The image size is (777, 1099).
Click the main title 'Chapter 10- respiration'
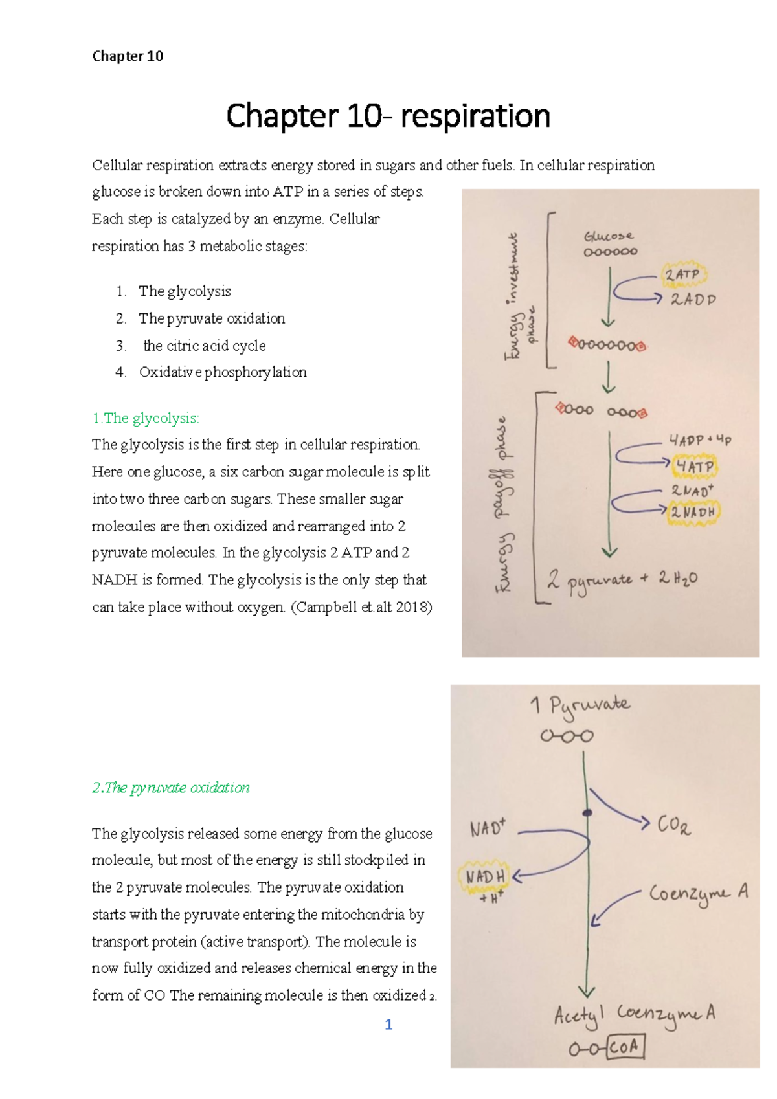point(388,117)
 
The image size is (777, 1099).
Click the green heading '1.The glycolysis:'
point(146,418)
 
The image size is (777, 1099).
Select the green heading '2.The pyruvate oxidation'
point(171,788)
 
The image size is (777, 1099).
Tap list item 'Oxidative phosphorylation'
point(223,372)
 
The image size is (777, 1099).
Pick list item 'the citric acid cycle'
point(205,346)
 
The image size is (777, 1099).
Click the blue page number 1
point(388,1025)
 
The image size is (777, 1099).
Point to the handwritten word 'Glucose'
point(609,236)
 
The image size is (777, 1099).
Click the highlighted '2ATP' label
point(682,274)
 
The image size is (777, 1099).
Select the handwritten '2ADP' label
point(693,300)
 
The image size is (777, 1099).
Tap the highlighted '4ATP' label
point(695,466)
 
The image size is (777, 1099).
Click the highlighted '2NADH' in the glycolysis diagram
point(693,513)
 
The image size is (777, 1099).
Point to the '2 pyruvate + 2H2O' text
point(622,579)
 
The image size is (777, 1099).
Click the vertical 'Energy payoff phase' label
point(504,505)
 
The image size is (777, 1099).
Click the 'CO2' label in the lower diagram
point(673,825)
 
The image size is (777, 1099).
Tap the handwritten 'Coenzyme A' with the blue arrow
point(698,894)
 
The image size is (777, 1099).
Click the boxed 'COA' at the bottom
point(625,1047)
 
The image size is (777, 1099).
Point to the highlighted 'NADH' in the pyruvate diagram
point(485,876)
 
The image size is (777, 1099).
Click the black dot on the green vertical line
point(587,813)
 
